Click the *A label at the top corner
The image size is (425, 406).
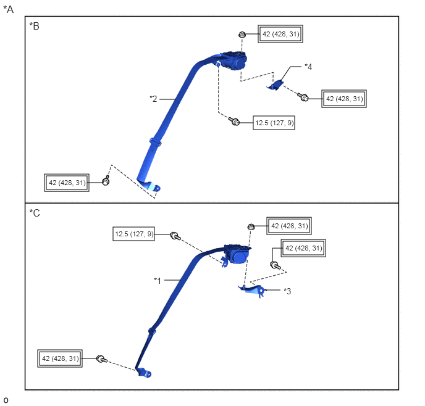9,9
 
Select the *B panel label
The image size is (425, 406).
35,26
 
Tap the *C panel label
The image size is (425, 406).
35,213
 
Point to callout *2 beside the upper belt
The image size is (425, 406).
153,99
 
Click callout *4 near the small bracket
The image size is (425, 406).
308,67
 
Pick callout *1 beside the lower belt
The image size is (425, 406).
158,280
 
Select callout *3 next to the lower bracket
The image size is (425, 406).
287,291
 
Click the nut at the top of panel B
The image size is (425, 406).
242,35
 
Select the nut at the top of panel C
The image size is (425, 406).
251,226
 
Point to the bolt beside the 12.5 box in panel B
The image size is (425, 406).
234,122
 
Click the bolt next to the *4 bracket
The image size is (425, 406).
303,97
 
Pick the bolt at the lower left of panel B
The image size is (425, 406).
106,181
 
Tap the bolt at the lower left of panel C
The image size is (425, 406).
102,359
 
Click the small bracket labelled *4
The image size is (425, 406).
276,85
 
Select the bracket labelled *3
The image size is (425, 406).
253,290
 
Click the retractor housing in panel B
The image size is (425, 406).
234,61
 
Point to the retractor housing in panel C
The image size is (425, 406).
237,254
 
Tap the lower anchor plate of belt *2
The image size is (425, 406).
152,186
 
